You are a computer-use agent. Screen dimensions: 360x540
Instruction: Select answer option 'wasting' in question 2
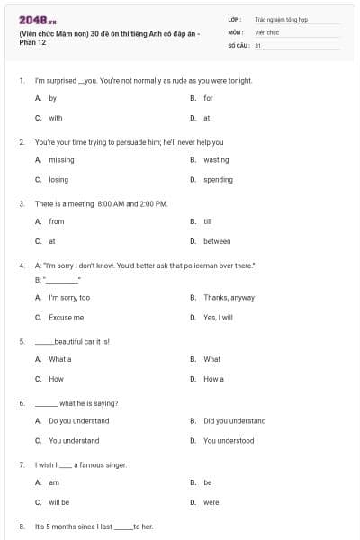(x=216, y=160)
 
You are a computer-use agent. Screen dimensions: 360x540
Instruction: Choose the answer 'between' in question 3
(x=217, y=241)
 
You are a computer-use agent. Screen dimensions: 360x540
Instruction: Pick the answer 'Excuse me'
(x=66, y=318)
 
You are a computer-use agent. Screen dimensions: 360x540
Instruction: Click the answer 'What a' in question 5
(x=59, y=359)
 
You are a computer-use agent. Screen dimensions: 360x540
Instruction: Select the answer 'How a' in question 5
(x=213, y=379)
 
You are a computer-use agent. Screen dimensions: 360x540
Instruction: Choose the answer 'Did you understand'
(x=234, y=420)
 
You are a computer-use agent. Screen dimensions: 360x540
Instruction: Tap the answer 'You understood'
(x=229, y=441)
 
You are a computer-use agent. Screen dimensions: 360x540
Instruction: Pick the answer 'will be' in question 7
(x=58, y=502)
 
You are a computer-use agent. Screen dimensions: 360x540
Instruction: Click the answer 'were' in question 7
(x=211, y=502)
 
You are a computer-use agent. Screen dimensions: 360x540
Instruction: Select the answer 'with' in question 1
(x=56, y=118)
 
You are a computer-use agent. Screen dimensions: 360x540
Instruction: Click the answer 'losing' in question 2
(x=58, y=180)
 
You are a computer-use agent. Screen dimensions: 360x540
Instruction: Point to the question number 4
(x=22, y=265)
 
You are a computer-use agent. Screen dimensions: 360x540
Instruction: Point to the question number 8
(x=22, y=526)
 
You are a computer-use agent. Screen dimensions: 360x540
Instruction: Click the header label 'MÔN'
(x=236, y=31)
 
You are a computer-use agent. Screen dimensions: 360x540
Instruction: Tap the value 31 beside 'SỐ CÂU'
(x=258, y=44)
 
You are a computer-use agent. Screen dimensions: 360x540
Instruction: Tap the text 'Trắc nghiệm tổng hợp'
(x=279, y=19)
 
